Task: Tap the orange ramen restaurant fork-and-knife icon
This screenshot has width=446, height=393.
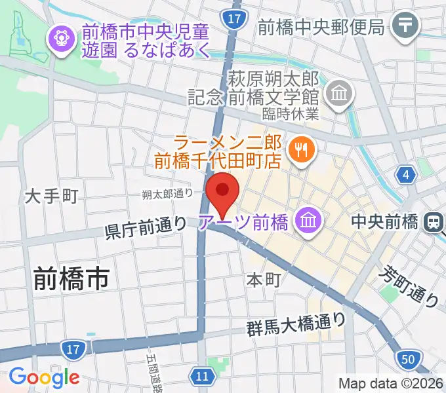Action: [301, 150]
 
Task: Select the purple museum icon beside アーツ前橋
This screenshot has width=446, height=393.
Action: [306, 222]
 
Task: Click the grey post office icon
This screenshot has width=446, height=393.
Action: [407, 26]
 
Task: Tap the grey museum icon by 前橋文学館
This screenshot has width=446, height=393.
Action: [340, 95]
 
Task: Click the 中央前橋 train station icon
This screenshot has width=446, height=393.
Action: [434, 222]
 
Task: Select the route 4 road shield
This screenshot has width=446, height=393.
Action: [406, 175]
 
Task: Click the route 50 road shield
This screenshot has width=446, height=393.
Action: [406, 359]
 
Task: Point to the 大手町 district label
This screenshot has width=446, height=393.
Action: [52, 196]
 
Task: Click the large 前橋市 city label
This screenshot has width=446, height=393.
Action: [71, 280]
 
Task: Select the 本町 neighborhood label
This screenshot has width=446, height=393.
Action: [264, 280]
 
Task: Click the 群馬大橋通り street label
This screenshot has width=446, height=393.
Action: [296, 323]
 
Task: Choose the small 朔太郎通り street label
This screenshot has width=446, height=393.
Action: [168, 194]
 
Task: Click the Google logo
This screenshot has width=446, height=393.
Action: [44, 377]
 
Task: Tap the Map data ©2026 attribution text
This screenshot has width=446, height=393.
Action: [390, 383]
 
